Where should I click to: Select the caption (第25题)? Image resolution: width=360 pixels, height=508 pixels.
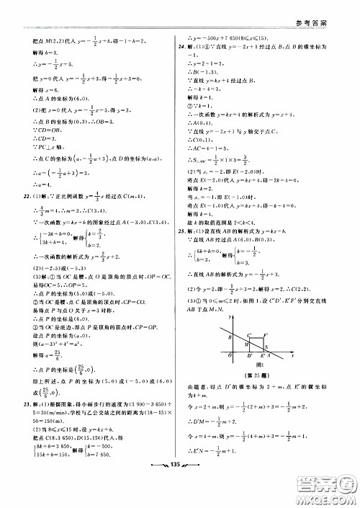pos(258,378)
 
